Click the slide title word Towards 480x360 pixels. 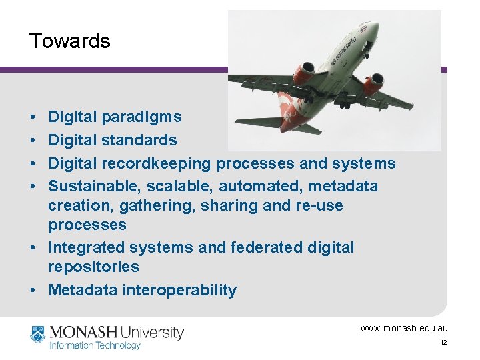click(x=69, y=41)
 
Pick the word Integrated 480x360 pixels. click(x=86, y=248)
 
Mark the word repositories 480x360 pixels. click(x=93, y=267)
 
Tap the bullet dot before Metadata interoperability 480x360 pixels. click(x=33, y=291)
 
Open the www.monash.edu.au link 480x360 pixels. click(x=404, y=328)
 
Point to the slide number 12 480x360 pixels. click(x=443, y=343)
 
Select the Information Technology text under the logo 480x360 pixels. click(x=95, y=345)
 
